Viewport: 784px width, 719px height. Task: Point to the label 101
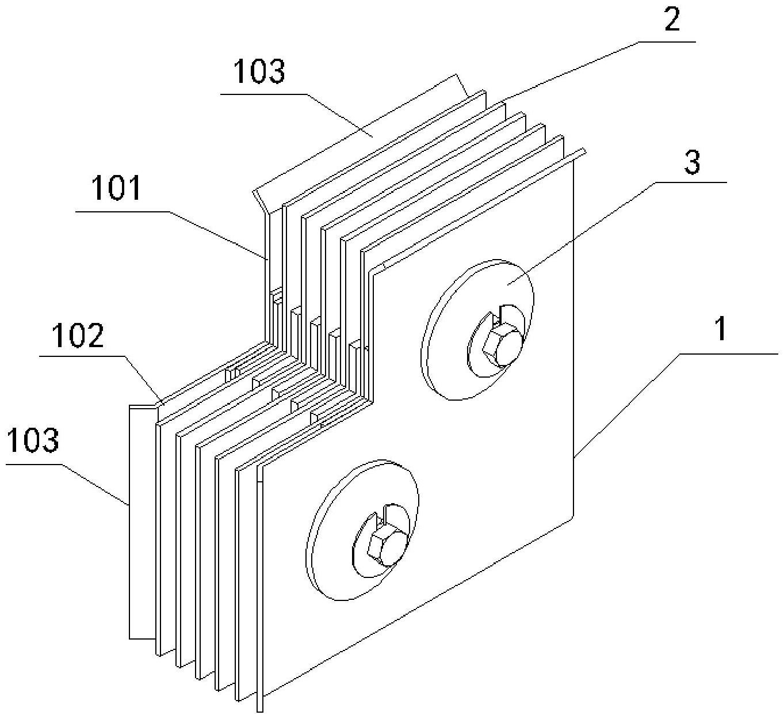coord(116,189)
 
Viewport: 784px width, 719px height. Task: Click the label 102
coord(78,336)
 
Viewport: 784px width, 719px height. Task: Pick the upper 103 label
coord(259,72)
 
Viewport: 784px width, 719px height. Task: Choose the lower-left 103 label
coord(33,440)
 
